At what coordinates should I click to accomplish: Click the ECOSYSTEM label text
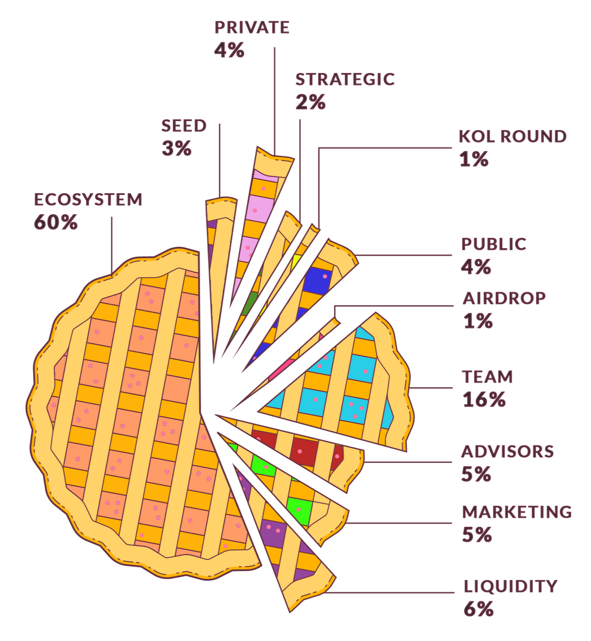(88, 200)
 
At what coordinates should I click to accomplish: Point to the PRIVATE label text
(252, 28)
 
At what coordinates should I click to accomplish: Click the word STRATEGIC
(344, 80)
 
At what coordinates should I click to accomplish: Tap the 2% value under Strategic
(310, 103)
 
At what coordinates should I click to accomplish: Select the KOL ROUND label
(512, 137)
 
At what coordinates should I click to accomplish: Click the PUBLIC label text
(494, 244)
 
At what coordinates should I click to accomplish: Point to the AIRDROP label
(504, 298)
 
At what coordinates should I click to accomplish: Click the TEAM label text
(487, 376)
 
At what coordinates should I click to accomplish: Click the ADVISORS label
(507, 452)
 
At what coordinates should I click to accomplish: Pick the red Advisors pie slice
(303, 447)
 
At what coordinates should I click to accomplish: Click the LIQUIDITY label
(510, 587)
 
